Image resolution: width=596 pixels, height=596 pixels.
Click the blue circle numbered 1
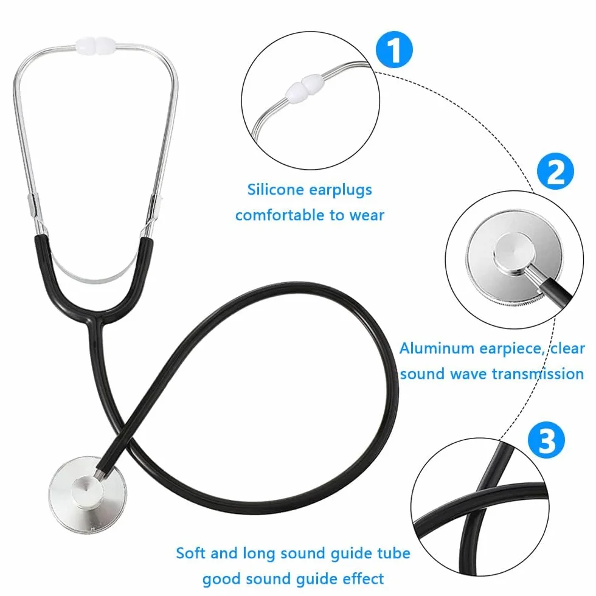coord(394,49)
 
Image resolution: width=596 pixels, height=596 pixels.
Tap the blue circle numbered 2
coord(555,171)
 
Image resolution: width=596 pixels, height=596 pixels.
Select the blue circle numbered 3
coord(547,440)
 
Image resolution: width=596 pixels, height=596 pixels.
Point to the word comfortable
coord(280,215)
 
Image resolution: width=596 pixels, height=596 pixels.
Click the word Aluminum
coord(437,348)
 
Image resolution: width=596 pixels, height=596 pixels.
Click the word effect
coord(363,579)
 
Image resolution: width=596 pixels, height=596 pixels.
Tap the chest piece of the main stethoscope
coord(88,495)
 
